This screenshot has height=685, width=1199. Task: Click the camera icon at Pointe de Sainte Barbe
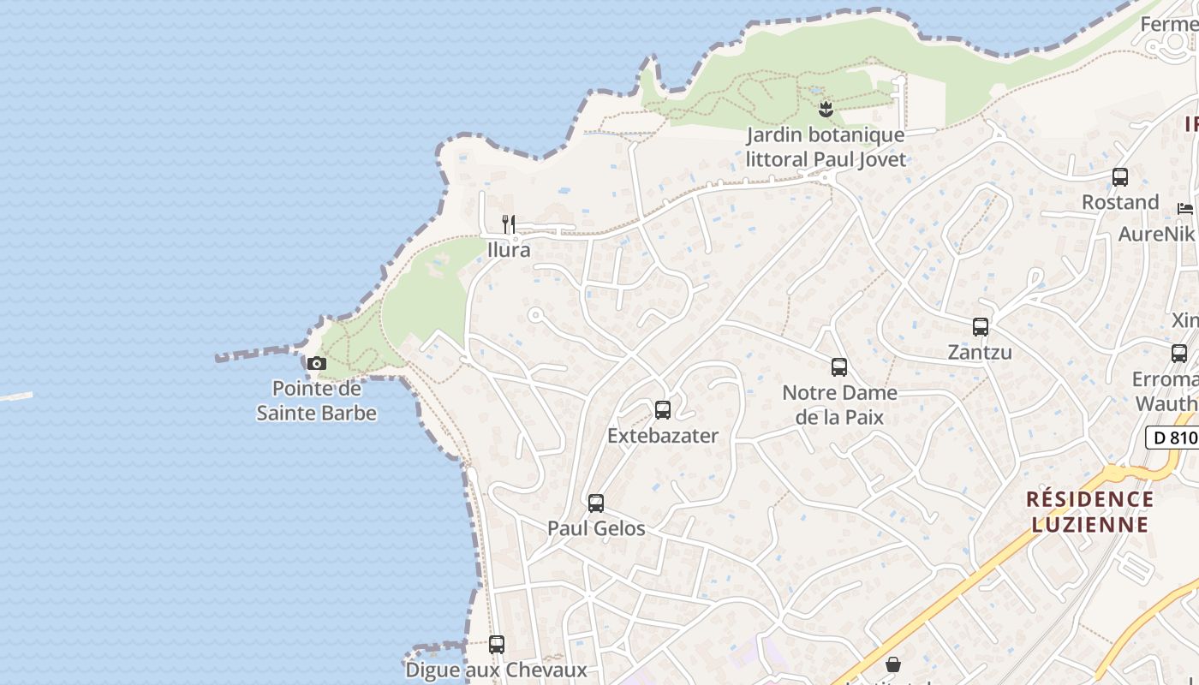click(317, 363)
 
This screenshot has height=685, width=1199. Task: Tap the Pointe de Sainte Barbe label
click(317, 401)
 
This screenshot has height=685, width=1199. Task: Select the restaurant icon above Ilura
click(509, 224)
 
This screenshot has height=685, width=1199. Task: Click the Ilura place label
click(509, 250)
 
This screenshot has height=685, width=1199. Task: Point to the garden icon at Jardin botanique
click(826, 109)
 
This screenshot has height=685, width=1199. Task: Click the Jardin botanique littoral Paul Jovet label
click(826, 146)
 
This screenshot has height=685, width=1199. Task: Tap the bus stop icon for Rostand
click(1120, 177)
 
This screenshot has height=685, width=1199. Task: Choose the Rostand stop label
click(1120, 202)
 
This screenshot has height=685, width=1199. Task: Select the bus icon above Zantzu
click(981, 327)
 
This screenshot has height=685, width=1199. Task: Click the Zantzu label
click(980, 352)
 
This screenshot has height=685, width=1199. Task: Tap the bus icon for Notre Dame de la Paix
click(839, 367)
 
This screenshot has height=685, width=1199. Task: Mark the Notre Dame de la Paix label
click(839, 405)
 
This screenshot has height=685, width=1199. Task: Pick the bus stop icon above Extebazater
click(663, 410)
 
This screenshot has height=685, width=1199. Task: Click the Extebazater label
click(663, 435)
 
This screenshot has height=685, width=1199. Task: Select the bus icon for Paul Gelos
click(596, 503)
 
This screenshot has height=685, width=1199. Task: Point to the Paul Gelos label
click(596, 528)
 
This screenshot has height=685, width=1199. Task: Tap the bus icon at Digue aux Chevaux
click(497, 645)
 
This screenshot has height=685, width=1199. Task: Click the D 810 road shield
click(1172, 438)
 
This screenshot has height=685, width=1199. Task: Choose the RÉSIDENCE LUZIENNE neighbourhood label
click(1089, 511)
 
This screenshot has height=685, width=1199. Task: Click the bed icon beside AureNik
click(1185, 208)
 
